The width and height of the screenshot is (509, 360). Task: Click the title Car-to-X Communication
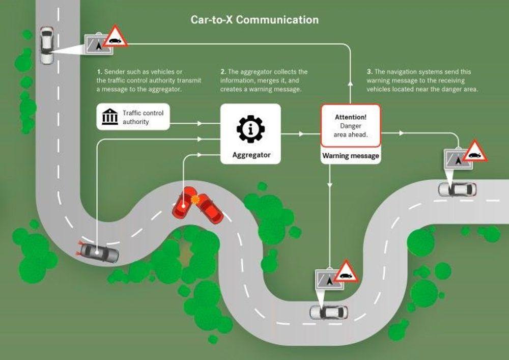(x=254, y=20)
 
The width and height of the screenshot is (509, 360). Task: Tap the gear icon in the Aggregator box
(x=250, y=129)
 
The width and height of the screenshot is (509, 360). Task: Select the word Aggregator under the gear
(x=250, y=154)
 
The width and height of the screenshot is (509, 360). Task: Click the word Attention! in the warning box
(x=351, y=117)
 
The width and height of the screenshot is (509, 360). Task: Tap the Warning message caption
(x=351, y=155)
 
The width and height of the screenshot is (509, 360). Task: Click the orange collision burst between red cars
(x=195, y=200)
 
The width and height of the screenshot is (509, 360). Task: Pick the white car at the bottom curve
(x=329, y=311)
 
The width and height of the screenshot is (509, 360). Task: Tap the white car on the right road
(x=457, y=189)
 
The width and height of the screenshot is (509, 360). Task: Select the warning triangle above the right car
(x=475, y=151)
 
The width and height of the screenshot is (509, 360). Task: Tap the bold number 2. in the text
(x=222, y=72)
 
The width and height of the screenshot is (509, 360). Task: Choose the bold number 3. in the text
(x=369, y=72)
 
